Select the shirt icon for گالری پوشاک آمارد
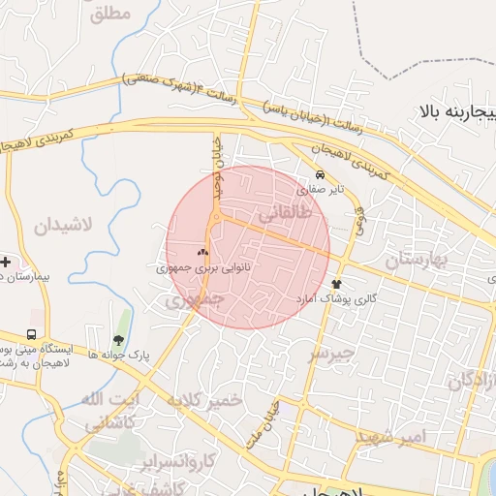[337, 283]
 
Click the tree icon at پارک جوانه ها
[117, 340]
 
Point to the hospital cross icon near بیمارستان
[6, 262]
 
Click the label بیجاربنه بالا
[457, 112]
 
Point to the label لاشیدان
[64, 227]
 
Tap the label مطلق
[109, 15]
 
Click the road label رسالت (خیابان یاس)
[301, 114]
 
